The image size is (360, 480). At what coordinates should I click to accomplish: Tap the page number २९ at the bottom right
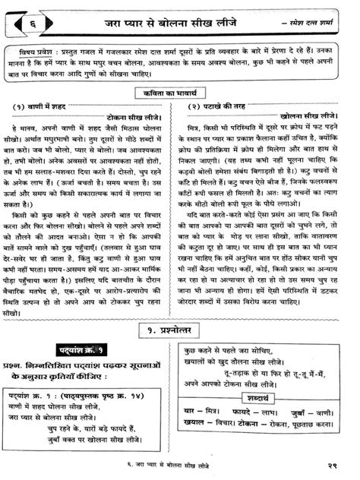[x=337, y=466]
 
